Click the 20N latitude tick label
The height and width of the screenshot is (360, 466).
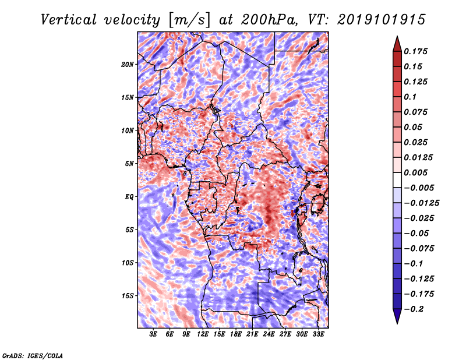pyautogui.click(x=128, y=64)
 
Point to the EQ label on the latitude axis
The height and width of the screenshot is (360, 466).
pyautogui.click(x=129, y=196)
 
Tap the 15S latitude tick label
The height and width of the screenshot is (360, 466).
pyautogui.click(x=128, y=296)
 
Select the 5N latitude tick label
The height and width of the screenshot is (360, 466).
pyautogui.click(x=129, y=164)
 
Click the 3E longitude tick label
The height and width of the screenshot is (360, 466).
pyautogui.click(x=154, y=334)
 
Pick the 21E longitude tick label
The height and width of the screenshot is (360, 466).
pyautogui.click(x=252, y=334)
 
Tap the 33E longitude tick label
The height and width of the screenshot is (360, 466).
pyautogui.click(x=318, y=334)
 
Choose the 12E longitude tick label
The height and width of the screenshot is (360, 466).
pyautogui.click(x=203, y=334)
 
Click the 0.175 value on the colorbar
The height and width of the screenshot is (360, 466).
pyautogui.click(x=417, y=51)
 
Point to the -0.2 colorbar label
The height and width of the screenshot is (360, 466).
pyautogui.click(x=416, y=309)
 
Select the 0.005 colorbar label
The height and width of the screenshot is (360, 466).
pyautogui.click(x=417, y=172)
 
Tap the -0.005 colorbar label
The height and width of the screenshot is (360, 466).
pyautogui.click(x=420, y=188)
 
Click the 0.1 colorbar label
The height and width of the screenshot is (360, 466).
pyautogui.click(x=412, y=97)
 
